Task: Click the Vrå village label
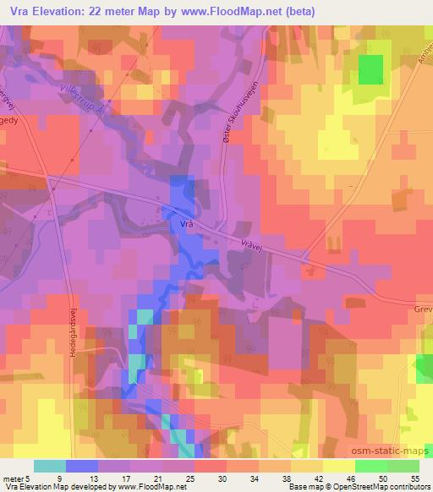click(x=188, y=224)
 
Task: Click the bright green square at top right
click(x=370, y=69)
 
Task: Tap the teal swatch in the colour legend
click(x=50, y=466)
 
